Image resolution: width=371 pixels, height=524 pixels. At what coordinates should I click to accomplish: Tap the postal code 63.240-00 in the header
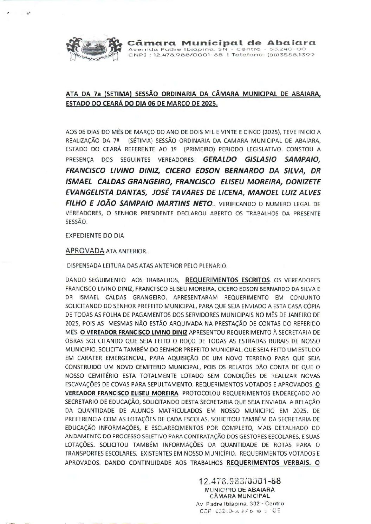pyautogui.click(x=288, y=49)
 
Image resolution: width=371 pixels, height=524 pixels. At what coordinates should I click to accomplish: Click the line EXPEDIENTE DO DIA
pyautogui.click(x=95, y=236)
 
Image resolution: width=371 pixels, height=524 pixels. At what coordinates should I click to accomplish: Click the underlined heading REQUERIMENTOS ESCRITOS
pyautogui.click(x=227, y=280)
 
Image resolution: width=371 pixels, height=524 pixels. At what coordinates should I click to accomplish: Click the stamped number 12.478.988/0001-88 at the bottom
pyautogui.click(x=240, y=481)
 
